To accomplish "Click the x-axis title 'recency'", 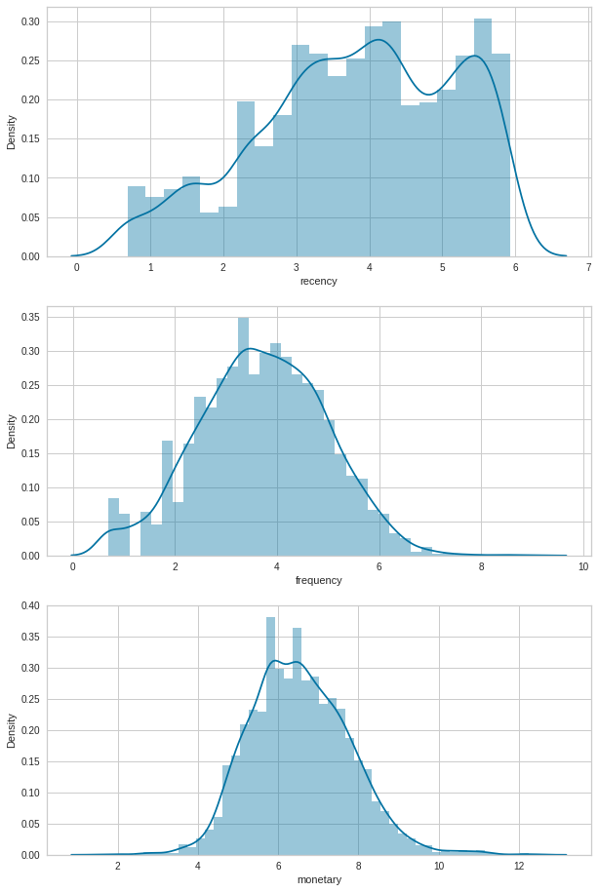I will pos(319,281).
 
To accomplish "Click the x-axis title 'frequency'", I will pos(319,580).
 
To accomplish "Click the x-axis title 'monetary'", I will pos(319,879).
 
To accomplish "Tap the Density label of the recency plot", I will pos(12,132).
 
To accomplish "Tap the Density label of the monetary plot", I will pos(12,730).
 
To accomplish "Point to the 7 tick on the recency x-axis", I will pos(588,267).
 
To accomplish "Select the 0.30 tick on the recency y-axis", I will pos(30,21).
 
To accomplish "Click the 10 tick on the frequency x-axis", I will pos(582,566).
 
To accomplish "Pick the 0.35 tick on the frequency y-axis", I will pos(30,317).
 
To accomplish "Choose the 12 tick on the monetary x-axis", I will pos(519,866).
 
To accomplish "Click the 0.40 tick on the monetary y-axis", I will pos(30,605).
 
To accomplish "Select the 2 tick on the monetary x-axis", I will pos(118,866).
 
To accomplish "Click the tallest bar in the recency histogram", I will pos(483,136).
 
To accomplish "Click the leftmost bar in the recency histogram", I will pos(137,221).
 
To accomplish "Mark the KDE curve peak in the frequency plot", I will pos(250,348).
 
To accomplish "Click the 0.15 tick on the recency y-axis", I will pos(30,139).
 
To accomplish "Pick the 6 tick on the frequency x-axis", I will pos(379,566).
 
